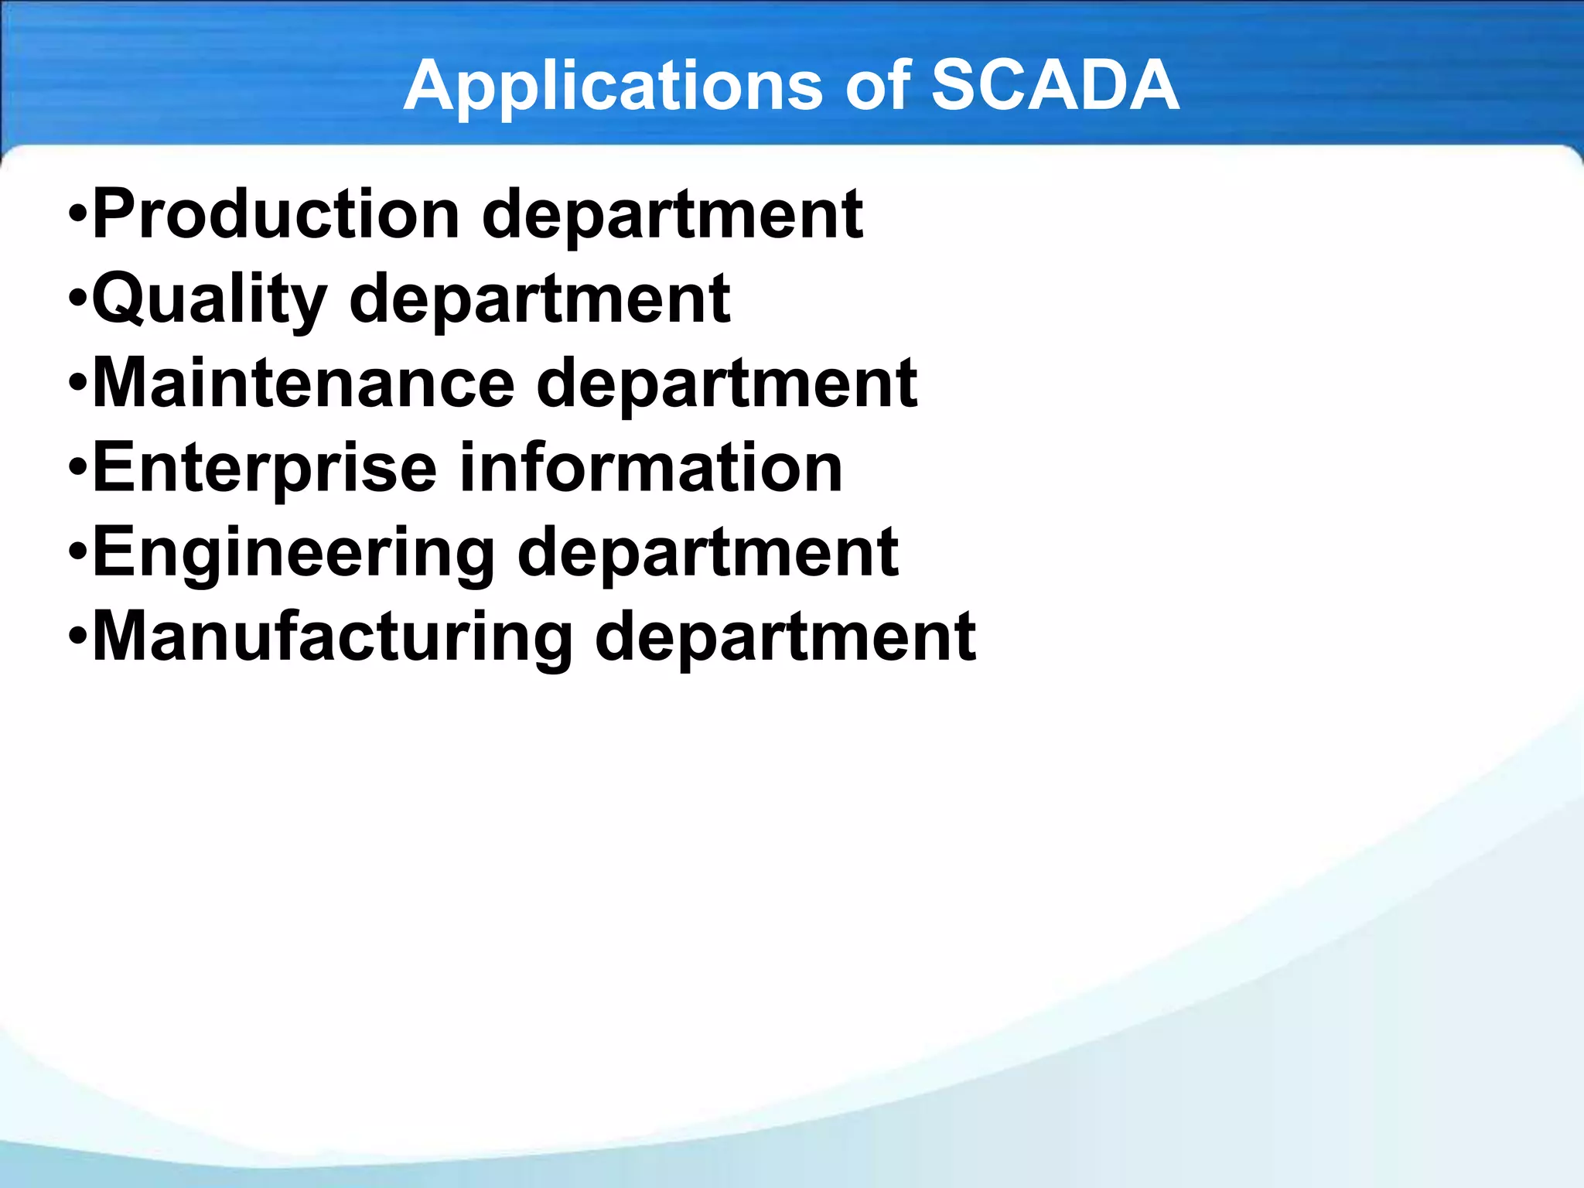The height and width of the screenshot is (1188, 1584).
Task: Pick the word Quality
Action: click(x=210, y=300)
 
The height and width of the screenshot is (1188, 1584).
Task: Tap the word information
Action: click(x=650, y=468)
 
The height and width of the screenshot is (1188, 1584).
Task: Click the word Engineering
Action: click(x=293, y=553)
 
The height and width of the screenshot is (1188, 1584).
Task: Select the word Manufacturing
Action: click(x=332, y=637)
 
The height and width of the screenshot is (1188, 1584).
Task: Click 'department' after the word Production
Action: click(x=672, y=216)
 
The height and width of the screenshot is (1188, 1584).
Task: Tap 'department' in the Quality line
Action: click(x=539, y=300)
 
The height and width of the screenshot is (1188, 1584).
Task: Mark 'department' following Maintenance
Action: click(x=726, y=384)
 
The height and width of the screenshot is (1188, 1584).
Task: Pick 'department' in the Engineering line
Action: click(x=707, y=553)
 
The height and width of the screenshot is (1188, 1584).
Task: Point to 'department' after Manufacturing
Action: click(x=784, y=637)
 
